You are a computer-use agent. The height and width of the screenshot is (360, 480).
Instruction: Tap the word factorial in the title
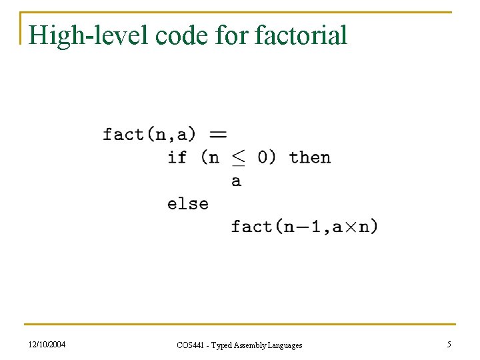pos(301,35)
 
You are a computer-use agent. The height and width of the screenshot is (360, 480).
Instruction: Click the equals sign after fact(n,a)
pos(218,134)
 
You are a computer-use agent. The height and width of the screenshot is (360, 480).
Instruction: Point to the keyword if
pos(177,157)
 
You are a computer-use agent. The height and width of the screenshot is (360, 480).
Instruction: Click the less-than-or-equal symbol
pos(238,158)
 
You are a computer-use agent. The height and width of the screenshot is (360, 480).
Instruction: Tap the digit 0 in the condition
pos(263,157)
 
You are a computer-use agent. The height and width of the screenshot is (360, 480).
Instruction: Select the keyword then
pos(310,157)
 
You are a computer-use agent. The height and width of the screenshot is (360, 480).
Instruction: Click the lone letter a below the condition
pos(236,181)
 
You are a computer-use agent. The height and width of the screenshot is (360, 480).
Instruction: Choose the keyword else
pos(188,203)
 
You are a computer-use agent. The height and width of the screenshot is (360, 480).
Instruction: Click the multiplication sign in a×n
pos(351,227)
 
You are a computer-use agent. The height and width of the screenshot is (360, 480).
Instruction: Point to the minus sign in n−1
pos(301,227)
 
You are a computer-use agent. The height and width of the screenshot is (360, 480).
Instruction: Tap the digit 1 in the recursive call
pos(315,227)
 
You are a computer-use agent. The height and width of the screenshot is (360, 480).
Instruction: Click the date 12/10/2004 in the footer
pos(47,345)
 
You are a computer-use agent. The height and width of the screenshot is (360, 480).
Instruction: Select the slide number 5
pos(449,345)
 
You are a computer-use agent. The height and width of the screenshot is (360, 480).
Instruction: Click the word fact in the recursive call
pos(251,227)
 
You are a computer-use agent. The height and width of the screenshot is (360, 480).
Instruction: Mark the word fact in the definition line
pos(123,134)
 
